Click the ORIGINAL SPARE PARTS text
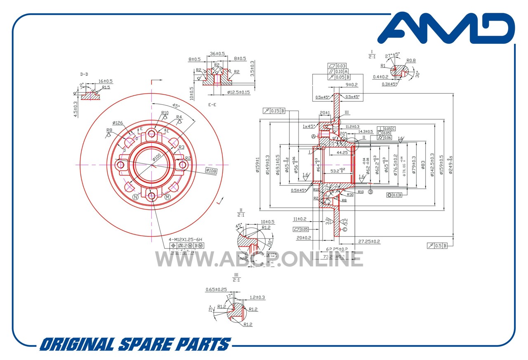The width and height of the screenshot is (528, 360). pyautogui.click(x=135, y=344)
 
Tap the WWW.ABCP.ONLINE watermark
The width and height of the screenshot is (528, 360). pyautogui.click(x=259, y=259)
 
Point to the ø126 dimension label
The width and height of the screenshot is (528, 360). pyautogui.click(x=118, y=123)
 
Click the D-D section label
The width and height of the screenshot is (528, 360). pyautogui.click(x=84, y=74)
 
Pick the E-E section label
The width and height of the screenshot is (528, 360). pyautogui.click(x=212, y=105)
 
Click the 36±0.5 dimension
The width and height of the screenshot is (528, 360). pyautogui.click(x=217, y=54)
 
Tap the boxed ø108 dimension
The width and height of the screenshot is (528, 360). pyautogui.click(x=211, y=170)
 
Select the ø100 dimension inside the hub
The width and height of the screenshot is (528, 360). pyautogui.click(x=157, y=157)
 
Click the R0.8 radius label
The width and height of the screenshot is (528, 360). pyautogui.click(x=411, y=61)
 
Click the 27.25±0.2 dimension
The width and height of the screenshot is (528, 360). pyautogui.click(x=369, y=242)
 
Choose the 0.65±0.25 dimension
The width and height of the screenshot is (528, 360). pyautogui.click(x=216, y=290)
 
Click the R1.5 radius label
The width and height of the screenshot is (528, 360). pyautogui.click(x=106, y=88)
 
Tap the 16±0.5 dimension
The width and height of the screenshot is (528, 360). pyautogui.click(x=106, y=81)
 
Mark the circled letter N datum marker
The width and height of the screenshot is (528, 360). pyautogui.click(x=135, y=197)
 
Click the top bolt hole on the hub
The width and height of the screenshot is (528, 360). pyautogui.click(x=151, y=133)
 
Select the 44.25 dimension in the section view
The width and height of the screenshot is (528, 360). pyautogui.click(x=342, y=152)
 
